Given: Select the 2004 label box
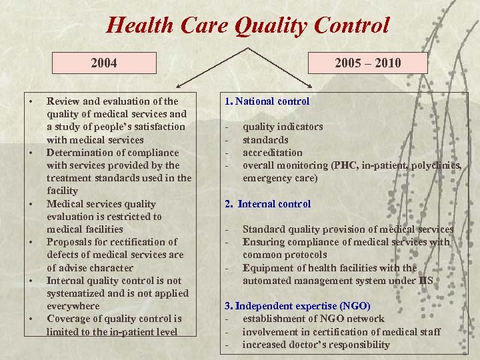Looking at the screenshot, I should [x=104, y=63].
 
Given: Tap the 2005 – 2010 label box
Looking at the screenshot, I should [x=369, y=63].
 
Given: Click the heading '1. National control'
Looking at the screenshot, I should [x=267, y=101].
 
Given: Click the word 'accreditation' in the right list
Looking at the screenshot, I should [x=272, y=153].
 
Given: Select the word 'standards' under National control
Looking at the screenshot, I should [x=265, y=140].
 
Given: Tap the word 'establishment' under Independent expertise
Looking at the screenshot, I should [x=275, y=319].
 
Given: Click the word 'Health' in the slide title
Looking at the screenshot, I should [x=139, y=27].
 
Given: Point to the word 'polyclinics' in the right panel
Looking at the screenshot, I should [x=436, y=165].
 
